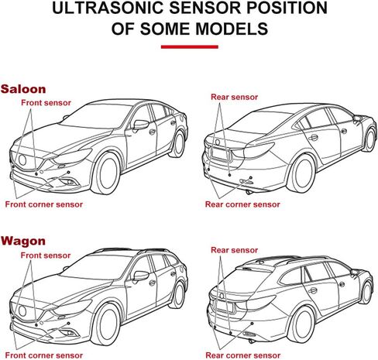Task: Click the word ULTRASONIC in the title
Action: (x=108, y=8)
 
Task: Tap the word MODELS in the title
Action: (x=232, y=29)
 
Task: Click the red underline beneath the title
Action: (x=190, y=46)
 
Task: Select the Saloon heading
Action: (x=23, y=89)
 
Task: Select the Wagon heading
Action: (x=23, y=241)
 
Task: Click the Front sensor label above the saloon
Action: (x=46, y=103)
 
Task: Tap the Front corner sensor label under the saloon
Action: (x=44, y=204)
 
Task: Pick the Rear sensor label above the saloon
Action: (x=235, y=97)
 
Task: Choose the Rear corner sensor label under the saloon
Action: (x=242, y=204)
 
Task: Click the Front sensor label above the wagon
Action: (x=46, y=255)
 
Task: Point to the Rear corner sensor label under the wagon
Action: (x=243, y=355)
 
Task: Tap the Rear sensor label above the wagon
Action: (x=235, y=250)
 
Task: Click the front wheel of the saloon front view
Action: (x=105, y=173)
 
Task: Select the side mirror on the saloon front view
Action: (x=141, y=125)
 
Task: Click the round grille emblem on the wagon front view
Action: (x=22, y=311)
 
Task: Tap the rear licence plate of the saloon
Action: (x=220, y=154)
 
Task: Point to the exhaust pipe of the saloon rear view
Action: (x=249, y=192)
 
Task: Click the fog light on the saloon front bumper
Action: (x=69, y=182)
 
